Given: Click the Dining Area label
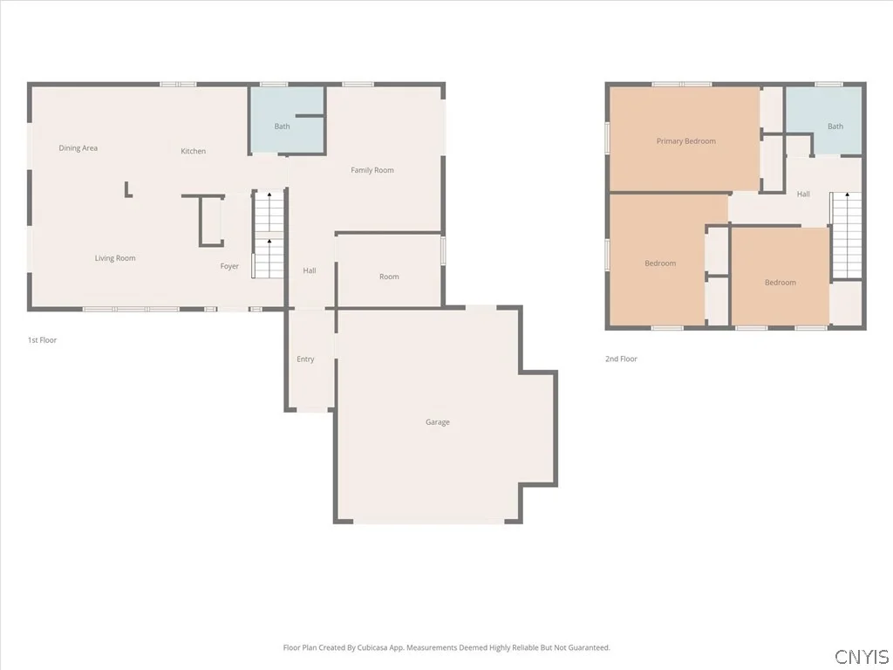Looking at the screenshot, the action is [x=78, y=148].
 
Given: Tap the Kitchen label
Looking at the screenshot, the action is [x=193, y=151].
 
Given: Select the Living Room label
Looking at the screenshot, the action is [x=115, y=258].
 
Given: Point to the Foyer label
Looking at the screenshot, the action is [x=229, y=266].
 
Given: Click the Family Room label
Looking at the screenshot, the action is [x=372, y=170].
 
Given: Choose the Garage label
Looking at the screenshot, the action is [x=438, y=422].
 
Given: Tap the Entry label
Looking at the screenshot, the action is [x=305, y=359].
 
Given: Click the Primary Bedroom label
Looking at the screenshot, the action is [x=685, y=141].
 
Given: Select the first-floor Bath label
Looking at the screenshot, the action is [x=282, y=126].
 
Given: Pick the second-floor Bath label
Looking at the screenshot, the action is [x=835, y=126].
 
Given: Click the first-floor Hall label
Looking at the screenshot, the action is [x=310, y=270].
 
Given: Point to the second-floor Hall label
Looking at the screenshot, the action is [x=803, y=195].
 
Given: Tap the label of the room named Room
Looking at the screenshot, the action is [x=389, y=277].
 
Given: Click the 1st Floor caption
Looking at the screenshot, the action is [x=42, y=340].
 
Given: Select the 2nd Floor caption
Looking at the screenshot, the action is [x=621, y=359].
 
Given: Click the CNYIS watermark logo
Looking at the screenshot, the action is [x=862, y=657].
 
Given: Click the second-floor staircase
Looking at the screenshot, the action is [x=846, y=235].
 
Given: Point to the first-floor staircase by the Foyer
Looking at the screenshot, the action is [x=269, y=234].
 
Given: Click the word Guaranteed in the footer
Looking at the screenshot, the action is [x=589, y=648].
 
